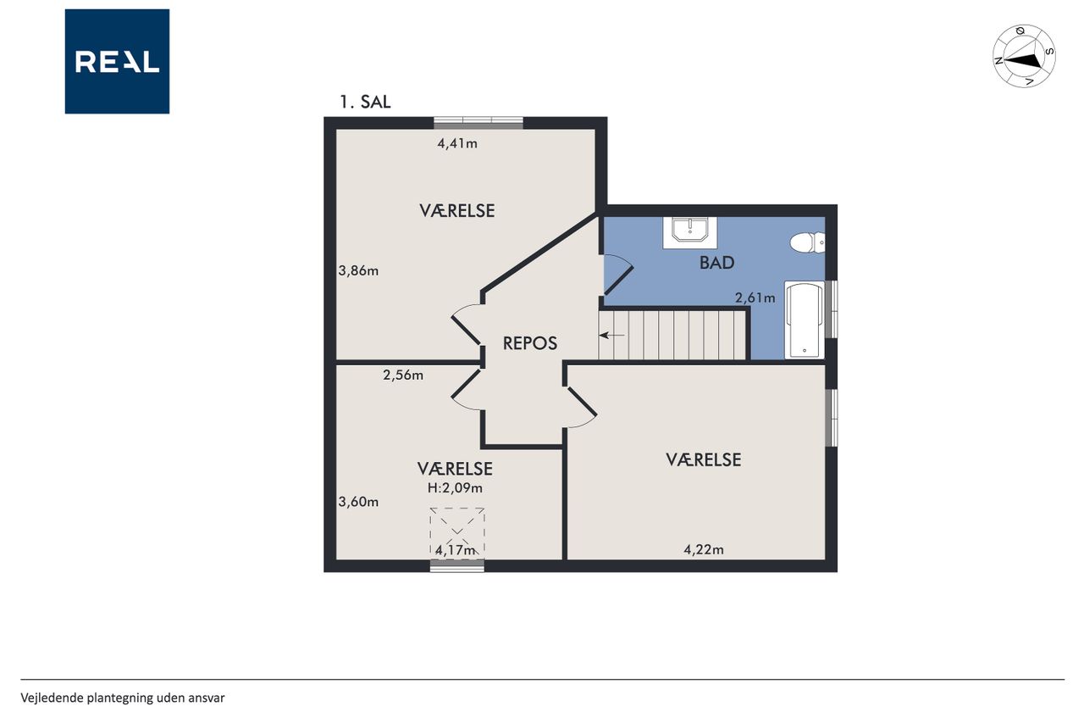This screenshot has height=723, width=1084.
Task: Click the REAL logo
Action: [117, 62]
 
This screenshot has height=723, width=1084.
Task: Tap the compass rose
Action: [1024, 56]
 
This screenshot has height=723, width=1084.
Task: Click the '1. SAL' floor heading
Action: [365, 102]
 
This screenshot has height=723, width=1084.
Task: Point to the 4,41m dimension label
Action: [457, 143]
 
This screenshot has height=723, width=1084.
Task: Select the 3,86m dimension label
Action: [358, 270]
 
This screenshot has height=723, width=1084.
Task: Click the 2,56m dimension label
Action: [403, 375]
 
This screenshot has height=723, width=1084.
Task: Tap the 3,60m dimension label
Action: [358, 502]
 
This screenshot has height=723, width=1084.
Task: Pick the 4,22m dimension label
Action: [704, 549]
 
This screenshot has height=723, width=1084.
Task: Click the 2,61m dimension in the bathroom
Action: [755, 298]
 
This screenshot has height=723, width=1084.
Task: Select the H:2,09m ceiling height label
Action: [455, 487]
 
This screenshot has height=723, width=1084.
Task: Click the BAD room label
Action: [716, 263]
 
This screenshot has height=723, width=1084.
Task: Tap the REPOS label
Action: [530, 343]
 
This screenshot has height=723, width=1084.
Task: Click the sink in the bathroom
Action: [689, 232]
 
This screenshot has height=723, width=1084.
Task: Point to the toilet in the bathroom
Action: [807, 242]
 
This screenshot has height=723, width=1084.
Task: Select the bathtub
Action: [805, 320]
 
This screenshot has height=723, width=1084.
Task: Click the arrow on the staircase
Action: [611, 335]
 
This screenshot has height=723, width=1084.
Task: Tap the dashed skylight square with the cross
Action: [457, 534]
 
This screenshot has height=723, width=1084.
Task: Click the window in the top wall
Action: [478, 123]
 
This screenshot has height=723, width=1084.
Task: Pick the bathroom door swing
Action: [618, 275]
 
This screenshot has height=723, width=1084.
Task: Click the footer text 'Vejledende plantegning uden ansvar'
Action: [123, 698]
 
